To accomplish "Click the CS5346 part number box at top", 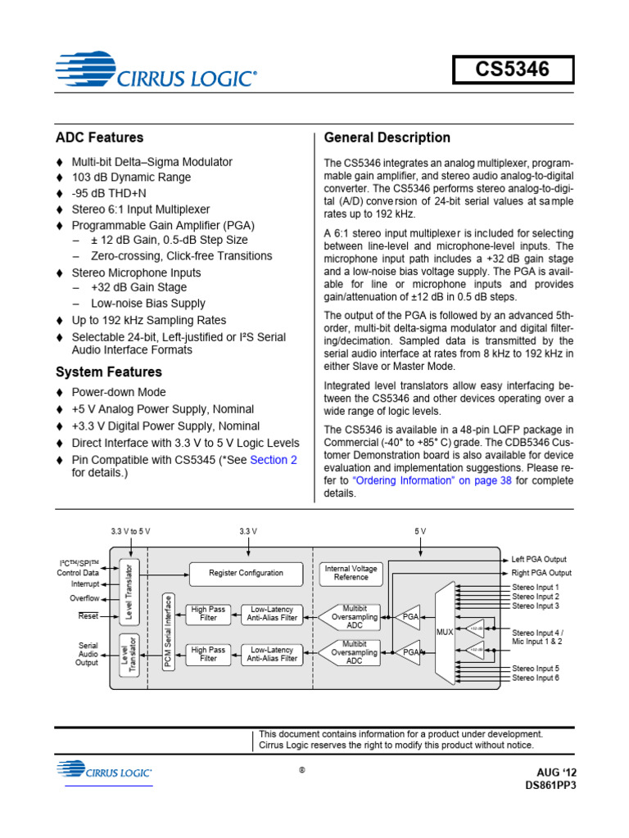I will coord(514,72).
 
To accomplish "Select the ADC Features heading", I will coord(99,137).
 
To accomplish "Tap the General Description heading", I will coord(387,137).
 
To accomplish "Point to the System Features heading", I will coord(108,372).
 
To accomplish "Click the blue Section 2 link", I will coord(274,460).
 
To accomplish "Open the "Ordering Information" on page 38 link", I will coord(432,481).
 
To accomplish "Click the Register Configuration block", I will coord(246,573).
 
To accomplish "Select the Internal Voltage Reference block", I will coord(351,572).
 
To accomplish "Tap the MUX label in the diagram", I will coord(445,633).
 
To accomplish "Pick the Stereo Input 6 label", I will coord(536,678).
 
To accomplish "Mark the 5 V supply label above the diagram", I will coord(420,531).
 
